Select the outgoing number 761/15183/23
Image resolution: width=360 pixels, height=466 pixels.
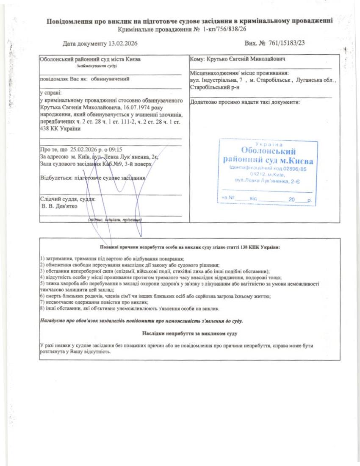click(285, 43)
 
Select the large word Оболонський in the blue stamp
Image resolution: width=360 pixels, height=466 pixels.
click(268, 151)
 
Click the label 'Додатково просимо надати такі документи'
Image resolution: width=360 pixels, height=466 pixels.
click(245, 102)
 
